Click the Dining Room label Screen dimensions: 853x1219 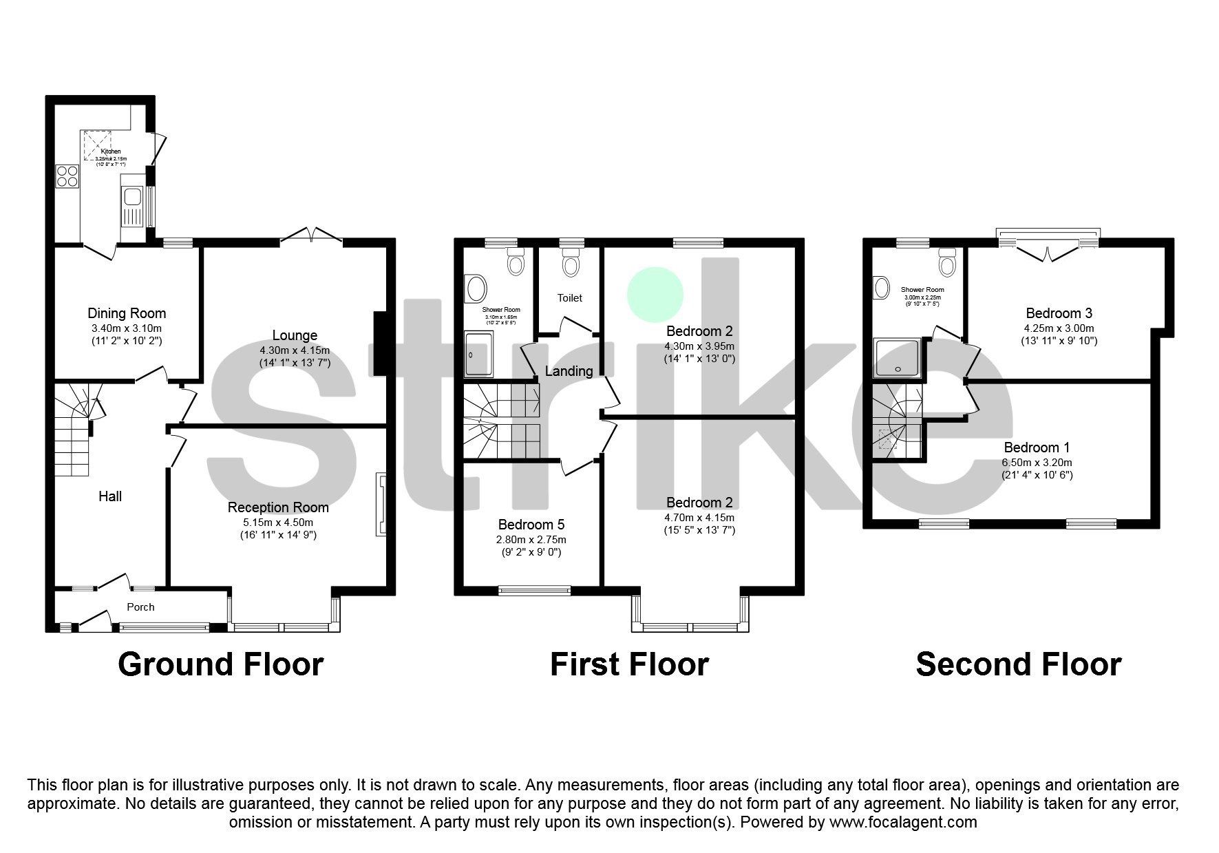[127, 313]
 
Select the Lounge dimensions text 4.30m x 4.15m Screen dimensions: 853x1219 [295, 349]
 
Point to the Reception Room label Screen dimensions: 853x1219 [278, 507]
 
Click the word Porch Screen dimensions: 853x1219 [140, 607]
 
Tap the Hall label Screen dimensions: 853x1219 [110, 496]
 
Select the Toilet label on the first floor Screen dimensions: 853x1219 [569, 297]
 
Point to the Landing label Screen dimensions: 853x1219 [569, 371]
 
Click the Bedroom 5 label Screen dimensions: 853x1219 [531, 525]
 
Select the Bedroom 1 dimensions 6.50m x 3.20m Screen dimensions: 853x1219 [1037, 462]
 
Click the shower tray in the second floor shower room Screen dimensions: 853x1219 [898, 357]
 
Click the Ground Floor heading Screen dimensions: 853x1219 [220, 664]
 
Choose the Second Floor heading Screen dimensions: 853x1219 [1018, 664]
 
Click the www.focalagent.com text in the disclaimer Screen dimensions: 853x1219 [903, 822]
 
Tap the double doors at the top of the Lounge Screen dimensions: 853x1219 [311, 235]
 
